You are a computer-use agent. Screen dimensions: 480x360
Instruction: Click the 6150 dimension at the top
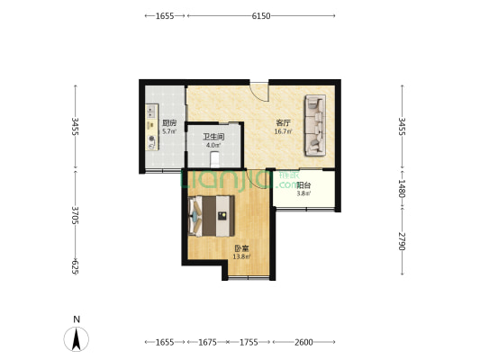tap(261, 16)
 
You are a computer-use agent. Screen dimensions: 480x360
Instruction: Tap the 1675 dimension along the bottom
tap(207, 342)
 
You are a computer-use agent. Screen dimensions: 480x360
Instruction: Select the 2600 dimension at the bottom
tap(303, 342)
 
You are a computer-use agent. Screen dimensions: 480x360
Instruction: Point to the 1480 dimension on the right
tap(402, 188)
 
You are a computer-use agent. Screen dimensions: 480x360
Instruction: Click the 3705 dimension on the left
tap(76, 215)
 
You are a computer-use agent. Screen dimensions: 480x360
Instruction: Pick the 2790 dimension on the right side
tap(402, 241)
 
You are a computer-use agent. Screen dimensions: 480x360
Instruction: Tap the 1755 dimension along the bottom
tap(249, 342)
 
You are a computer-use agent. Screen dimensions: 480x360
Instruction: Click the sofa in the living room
tap(314, 125)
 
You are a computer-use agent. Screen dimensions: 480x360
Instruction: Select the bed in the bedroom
tap(212, 216)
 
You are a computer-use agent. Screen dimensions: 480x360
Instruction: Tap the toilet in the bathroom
tap(215, 159)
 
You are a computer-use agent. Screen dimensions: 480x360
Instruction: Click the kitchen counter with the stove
tap(152, 127)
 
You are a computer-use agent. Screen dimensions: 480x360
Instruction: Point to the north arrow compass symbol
tap(77, 339)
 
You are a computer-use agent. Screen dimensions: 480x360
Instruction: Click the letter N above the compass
tap(77, 319)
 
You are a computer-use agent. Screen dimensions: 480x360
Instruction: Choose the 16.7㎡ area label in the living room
tap(283, 131)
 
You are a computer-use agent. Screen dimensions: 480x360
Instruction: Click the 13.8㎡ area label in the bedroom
tap(242, 256)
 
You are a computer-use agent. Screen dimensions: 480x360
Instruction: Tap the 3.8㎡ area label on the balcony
tap(303, 193)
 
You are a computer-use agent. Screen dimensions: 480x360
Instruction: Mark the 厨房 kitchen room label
tap(169, 123)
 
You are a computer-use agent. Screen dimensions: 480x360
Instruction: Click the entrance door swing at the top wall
tap(259, 92)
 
